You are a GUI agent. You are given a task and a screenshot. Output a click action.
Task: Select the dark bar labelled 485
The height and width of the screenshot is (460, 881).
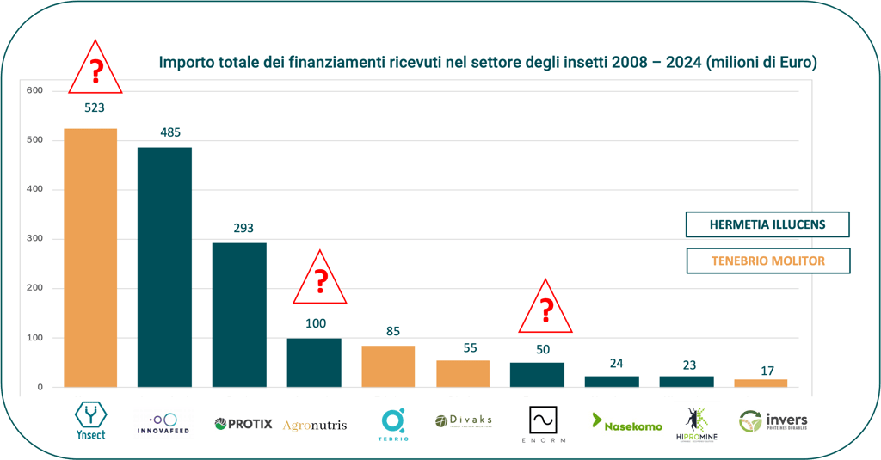point(164,267)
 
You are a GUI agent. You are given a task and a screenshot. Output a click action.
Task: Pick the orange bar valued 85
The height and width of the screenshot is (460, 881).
point(388,366)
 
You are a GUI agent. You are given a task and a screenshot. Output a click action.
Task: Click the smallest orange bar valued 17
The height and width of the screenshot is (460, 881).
point(761,383)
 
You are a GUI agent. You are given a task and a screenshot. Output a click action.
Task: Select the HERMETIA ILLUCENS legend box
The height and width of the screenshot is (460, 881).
point(767,224)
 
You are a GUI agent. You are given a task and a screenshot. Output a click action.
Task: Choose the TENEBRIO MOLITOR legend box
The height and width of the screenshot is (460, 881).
point(767,261)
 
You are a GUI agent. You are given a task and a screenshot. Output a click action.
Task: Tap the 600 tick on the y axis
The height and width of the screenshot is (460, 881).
point(34,91)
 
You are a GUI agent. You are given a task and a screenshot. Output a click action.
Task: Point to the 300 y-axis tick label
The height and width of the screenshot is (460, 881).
point(34,239)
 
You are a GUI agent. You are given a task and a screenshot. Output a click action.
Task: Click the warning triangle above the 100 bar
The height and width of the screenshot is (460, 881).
point(319,280)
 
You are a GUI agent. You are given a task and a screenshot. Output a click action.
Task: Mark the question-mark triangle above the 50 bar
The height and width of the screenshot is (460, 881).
point(545,309)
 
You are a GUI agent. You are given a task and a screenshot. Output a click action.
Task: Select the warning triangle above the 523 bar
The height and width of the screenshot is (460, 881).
point(95,69)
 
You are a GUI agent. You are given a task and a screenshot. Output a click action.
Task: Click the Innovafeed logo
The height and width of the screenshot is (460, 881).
point(163,422)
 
